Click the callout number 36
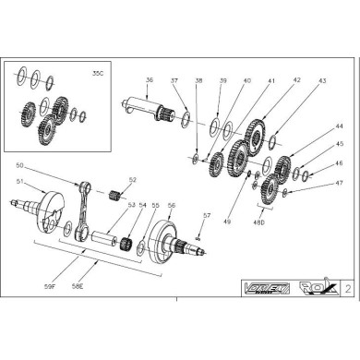150,80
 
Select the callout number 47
314,183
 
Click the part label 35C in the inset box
99,72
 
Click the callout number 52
133,181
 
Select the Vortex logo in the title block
268,287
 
